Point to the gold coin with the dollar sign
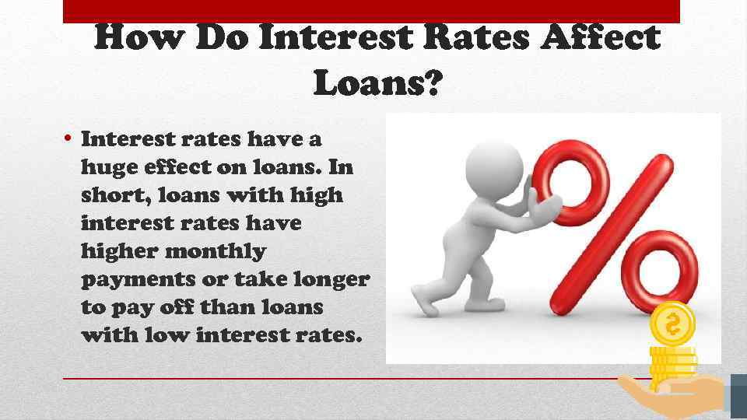tap(672, 326)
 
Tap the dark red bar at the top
tap(371, 11)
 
